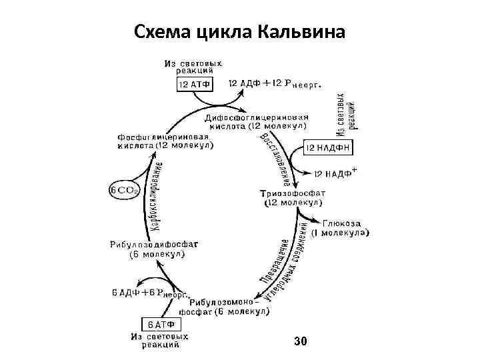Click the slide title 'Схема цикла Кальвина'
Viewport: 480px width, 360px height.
(239, 31)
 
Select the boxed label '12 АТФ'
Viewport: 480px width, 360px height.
(195, 84)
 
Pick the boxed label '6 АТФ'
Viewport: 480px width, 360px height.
(161, 325)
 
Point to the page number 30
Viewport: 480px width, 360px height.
(300, 341)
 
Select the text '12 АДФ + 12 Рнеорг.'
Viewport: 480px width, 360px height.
(275, 85)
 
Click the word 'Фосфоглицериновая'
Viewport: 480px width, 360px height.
(161, 136)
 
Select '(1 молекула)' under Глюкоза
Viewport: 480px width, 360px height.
(342, 233)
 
